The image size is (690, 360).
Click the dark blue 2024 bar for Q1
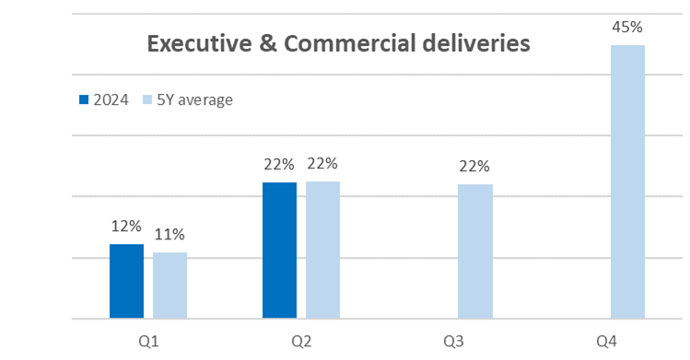[x=126, y=281]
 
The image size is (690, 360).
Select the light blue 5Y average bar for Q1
[x=170, y=285]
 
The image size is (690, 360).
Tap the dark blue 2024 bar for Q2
[x=279, y=250]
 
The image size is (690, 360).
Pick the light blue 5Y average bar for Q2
[x=323, y=250]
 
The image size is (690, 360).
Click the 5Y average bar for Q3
[x=475, y=251]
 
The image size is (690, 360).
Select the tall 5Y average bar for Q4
[x=628, y=181]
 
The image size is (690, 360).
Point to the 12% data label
[x=126, y=226]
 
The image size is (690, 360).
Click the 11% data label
[x=170, y=235]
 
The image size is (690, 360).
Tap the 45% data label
[x=627, y=28]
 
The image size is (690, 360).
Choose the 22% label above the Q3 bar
[x=474, y=167]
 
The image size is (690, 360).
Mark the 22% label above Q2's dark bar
[x=279, y=165]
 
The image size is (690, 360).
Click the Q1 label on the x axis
[x=148, y=342]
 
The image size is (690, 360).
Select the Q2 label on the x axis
[x=301, y=342]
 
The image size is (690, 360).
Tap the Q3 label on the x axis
[x=453, y=342]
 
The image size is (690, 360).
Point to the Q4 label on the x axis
[x=606, y=342]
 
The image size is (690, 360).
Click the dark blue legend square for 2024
[x=84, y=99]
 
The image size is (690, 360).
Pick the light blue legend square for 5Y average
[x=147, y=99]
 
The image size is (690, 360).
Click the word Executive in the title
[x=199, y=43]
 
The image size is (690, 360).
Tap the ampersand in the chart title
[x=268, y=43]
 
